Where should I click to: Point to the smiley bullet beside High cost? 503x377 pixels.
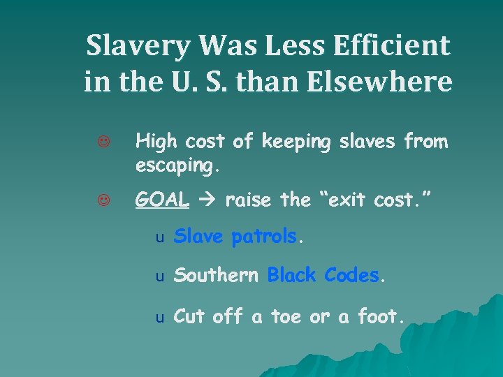tap(103, 142)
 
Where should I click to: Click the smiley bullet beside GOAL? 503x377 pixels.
tap(103, 200)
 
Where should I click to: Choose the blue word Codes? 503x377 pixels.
tap(352, 276)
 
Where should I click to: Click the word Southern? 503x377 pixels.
tap(217, 276)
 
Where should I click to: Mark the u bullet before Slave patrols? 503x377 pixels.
tap(159, 238)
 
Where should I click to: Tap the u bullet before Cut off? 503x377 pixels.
tap(159, 318)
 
